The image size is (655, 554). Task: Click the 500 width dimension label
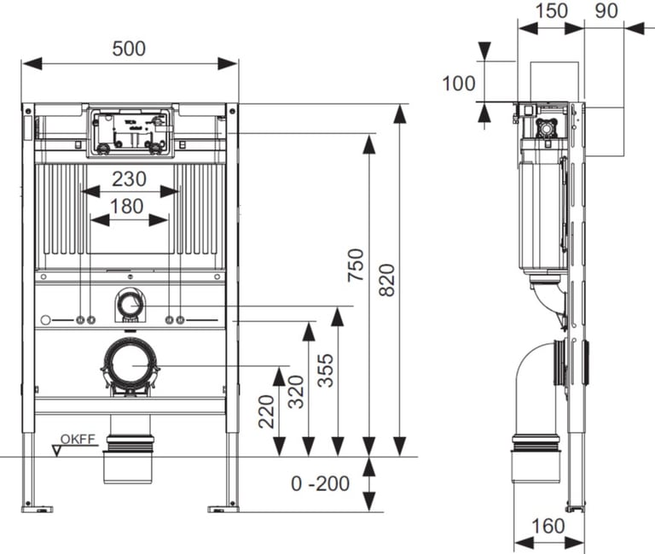(129, 49)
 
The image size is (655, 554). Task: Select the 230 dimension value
(129, 178)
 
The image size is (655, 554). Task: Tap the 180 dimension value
(129, 206)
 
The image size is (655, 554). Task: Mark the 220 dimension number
(265, 412)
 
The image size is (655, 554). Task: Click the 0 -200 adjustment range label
(320, 484)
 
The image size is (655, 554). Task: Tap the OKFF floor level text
(83, 440)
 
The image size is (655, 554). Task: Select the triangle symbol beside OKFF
(57, 449)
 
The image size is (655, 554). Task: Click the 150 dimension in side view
(551, 11)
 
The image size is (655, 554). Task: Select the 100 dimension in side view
(459, 83)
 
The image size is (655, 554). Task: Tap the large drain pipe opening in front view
(130, 365)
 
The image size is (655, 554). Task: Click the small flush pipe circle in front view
(130, 302)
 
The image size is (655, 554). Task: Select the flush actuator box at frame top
(130, 132)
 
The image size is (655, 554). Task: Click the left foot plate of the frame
(37, 509)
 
